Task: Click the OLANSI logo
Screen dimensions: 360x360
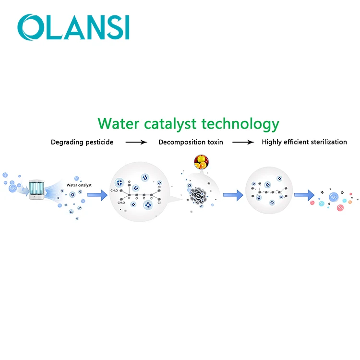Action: click(73, 27)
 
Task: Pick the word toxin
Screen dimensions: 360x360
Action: click(214, 142)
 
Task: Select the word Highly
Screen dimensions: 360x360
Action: click(271, 142)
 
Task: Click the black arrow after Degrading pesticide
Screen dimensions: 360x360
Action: click(137, 142)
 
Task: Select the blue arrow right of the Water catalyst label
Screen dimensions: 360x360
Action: click(97, 195)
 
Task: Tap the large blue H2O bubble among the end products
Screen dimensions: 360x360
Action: click(333, 197)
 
